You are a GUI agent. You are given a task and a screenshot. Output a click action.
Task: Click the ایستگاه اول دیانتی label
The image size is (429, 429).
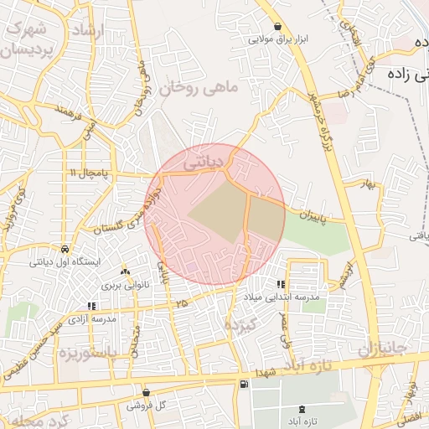(65, 261)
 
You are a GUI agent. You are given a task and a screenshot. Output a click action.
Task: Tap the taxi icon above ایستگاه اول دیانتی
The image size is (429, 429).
(65, 249)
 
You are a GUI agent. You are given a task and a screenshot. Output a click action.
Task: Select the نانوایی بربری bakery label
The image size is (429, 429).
(125, 285)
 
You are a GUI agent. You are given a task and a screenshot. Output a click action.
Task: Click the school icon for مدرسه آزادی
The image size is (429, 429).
(91, 307)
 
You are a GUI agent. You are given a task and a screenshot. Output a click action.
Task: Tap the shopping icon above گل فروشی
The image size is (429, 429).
(146, 392)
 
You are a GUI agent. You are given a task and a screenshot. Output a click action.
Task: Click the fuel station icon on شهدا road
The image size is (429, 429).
(243, 384)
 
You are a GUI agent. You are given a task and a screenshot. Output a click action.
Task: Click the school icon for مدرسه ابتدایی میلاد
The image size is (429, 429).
(281, 285)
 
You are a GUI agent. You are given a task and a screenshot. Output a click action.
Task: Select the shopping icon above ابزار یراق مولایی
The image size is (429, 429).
(277, 27)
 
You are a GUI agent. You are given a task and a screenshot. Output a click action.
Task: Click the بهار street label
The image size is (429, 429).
(364, 182)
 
